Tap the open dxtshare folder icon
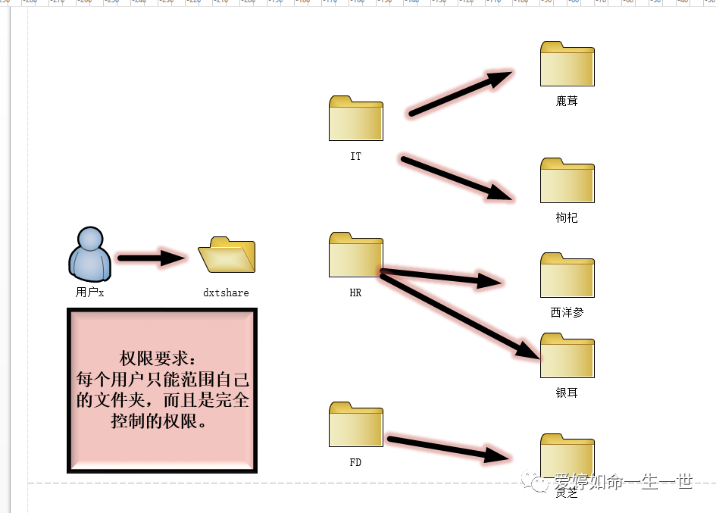tap(227, 255)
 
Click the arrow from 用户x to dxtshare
tap(152, 258)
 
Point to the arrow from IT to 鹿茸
tap(458, 95)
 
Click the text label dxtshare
tap(226, 292)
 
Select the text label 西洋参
tap(567, 312)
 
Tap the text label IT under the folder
tap(355, 157)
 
